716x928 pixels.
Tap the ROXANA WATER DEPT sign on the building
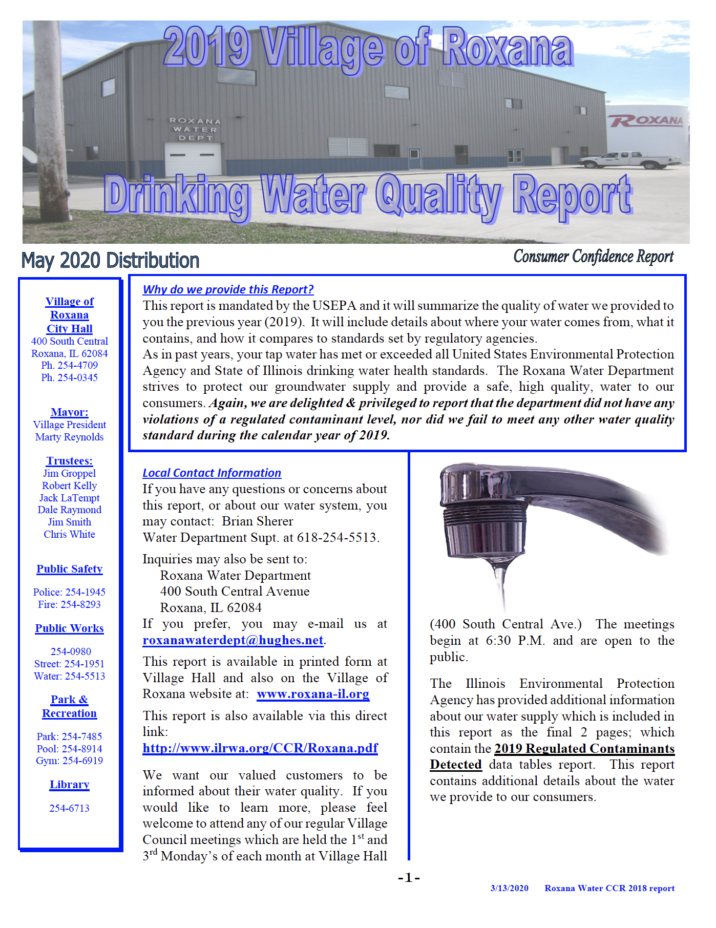pos(195,129)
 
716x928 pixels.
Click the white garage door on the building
pos(193,159)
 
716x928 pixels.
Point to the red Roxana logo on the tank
pos(646,121)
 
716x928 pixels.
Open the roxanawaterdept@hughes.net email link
pos(233,640)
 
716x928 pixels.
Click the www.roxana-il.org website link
pos(313,694)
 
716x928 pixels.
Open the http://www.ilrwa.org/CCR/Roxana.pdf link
pos(260,748)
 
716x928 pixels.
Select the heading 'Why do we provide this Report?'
pos(228,289)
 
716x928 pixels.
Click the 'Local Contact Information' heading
pos(212,473)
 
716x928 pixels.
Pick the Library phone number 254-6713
pos(69,808)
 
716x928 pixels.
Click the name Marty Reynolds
pos(69,437)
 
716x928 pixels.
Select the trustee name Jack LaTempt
pos(69,498)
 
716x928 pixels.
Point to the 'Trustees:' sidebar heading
pos(69,461)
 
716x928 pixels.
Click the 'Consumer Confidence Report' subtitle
pos(593,256)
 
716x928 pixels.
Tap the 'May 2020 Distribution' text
pos(110,261)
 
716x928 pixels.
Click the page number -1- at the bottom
pos(409,878)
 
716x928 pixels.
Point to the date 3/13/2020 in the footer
pos(509,888)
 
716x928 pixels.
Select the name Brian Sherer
pos(257,521)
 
